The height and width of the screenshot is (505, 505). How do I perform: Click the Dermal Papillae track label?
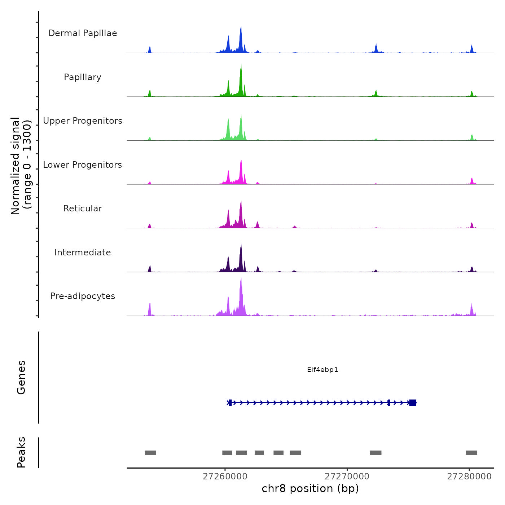pyautogui.click(x=83, y=33)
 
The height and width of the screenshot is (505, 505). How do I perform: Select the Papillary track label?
pyautogui.click(x=83, y=77)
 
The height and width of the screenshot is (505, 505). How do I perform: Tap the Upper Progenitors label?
pyautogui.click(x=83, y=121)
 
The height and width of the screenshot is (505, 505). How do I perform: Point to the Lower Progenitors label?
pyautogui.click(x=83, y=165)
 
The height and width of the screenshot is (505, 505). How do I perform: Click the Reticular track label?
pyautogui.click(x=83, y=208)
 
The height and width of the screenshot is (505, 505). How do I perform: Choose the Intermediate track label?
pyautogui.click(x=83, y=252)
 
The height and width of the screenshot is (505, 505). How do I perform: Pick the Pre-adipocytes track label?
pyautogui.click(x=83, y=296)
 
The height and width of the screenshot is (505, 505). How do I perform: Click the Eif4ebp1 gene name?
pyautogui.click(x=322, y=369)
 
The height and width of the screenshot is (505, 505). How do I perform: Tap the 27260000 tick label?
pyautogui.click(x=225, y=477)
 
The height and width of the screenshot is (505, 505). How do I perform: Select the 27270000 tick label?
pyautogui.click(x=347, y=477)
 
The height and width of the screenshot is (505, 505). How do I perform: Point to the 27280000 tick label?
pyautogui.click(x=469, y=477)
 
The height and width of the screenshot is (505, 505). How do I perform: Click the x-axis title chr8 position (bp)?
pyautogui.click(x=310, y=488)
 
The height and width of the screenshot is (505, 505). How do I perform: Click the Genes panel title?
pyautogui.click(x=21, y=377)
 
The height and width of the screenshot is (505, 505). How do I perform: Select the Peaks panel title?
pyautogui.click(x=21, y=452)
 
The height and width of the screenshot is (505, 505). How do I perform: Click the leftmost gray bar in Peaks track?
pyautogui.click(x=150, y=453)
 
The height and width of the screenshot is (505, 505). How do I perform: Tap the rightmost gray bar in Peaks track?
pyautogui.click(x=471, y=453)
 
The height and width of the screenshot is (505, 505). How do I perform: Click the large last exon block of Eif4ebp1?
pyautogui.click(x=413, y=403)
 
